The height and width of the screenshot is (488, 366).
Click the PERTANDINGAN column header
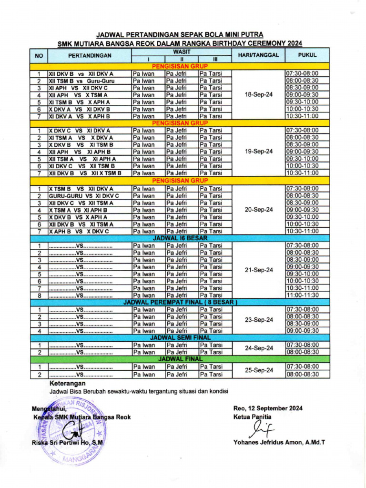[90, 55]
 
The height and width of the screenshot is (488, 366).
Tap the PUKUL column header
[307, 55]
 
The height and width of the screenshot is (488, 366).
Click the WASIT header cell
[182, 51]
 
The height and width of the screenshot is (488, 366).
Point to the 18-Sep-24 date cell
[258, 95]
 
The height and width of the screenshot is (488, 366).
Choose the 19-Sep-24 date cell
[258, 152]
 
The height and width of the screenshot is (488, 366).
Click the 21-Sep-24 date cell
[258, 270]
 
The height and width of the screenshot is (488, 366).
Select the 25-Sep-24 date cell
[258, 370]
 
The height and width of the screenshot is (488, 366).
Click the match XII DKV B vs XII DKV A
[81, 74]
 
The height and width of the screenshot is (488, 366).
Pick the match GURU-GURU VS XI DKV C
[83, 196]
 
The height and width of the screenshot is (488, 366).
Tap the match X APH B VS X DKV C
[79, 232]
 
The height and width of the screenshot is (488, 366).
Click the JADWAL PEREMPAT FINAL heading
[180, 302]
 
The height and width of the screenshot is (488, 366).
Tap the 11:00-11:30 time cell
[302, 295]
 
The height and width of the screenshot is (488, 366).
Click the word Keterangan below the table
[68, 383]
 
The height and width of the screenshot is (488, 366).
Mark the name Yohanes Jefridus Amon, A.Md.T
[279, 442]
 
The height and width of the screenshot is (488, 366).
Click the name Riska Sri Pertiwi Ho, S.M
[67, 443]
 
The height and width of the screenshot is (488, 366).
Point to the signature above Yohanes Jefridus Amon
[262, 429]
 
